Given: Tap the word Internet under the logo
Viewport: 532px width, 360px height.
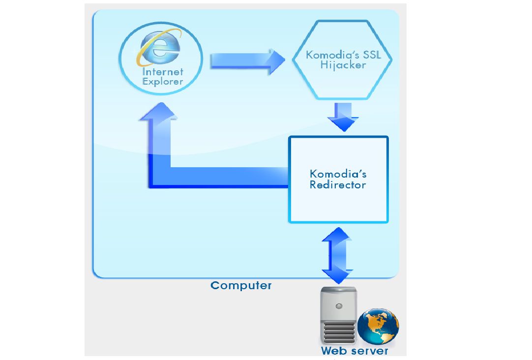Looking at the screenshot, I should click(x=162, y=72).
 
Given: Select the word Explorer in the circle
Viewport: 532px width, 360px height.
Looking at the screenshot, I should click(x=162, y=82).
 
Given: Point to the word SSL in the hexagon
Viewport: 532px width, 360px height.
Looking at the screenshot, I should click(x=370, y=54).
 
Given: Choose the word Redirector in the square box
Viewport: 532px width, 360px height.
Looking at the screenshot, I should click(x=338, y=185).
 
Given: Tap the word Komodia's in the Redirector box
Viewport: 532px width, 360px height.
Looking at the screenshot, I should click(x=338, y=174).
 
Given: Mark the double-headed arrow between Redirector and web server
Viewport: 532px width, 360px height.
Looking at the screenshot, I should click(x=337, y=255).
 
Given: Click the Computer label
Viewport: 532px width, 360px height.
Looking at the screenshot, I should click(x=241, y=285).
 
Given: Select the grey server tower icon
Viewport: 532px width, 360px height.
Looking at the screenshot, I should click(x=338, y=315).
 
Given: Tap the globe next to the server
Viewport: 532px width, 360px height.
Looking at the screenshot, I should click(x=378, y=326).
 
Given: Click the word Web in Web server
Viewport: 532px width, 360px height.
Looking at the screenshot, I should click(x=334, y=351).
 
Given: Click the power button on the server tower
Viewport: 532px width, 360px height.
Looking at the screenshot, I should click(x=338, y=305).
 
